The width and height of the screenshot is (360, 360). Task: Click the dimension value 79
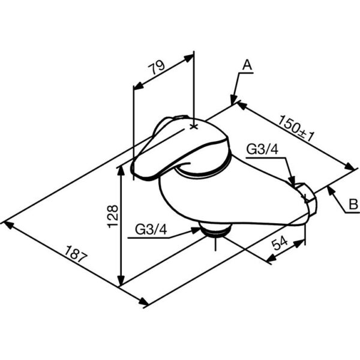point(157,67)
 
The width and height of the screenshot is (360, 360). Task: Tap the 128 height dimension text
point(113,216)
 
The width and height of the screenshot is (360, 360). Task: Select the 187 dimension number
point(76,254)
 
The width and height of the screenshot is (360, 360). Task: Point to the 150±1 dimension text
point(296,128)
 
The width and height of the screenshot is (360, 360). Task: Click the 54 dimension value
point(280,243)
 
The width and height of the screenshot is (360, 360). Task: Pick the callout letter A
point(247,65)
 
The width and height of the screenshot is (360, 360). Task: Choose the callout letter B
point(353,204)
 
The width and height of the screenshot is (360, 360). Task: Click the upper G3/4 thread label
point(262,149)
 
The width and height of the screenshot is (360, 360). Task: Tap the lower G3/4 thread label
point(151,229)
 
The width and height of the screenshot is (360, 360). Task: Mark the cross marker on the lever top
point(194,127)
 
